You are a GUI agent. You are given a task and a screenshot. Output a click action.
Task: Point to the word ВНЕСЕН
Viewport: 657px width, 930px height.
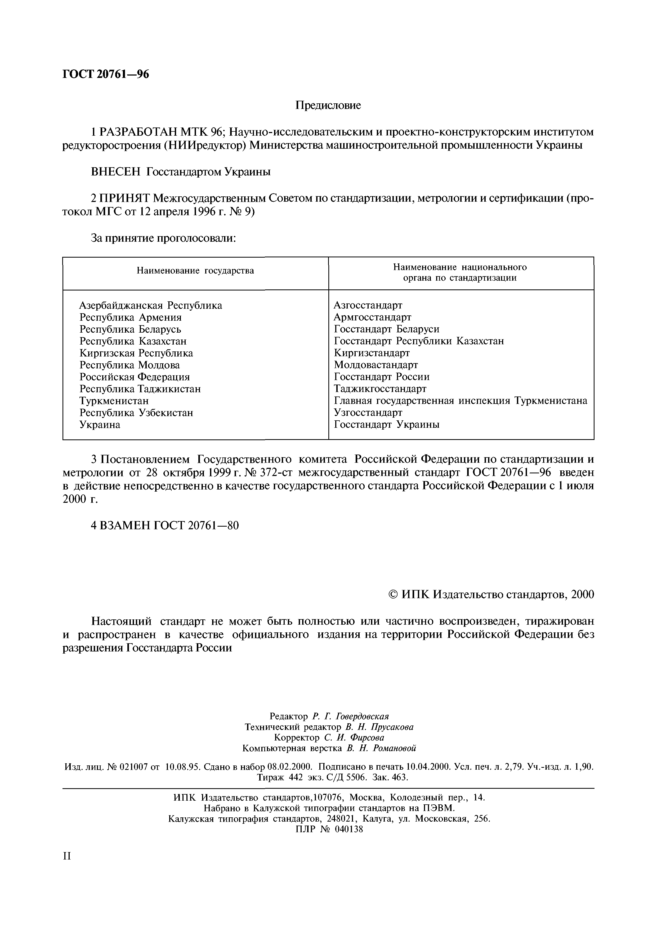pos(116,172)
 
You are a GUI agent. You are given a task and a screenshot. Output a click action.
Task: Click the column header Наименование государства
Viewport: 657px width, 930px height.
pos(195,271)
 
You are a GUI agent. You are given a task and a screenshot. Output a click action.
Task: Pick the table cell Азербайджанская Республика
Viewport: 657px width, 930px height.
pos(151,305)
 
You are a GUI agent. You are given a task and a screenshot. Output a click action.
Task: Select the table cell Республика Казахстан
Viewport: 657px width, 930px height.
pos(133,341)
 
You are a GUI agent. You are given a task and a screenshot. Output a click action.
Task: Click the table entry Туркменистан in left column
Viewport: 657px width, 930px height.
pos(114,400)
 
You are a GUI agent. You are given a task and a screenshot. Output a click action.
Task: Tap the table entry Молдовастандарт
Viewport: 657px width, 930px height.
pos(376,365)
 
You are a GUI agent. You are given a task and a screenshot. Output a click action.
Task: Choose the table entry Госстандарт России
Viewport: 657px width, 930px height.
pos(381,377)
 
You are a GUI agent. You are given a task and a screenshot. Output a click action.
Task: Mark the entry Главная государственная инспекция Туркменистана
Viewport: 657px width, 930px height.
pos(460,400)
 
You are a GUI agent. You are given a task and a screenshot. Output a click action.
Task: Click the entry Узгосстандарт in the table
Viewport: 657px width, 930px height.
pos(368,412)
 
